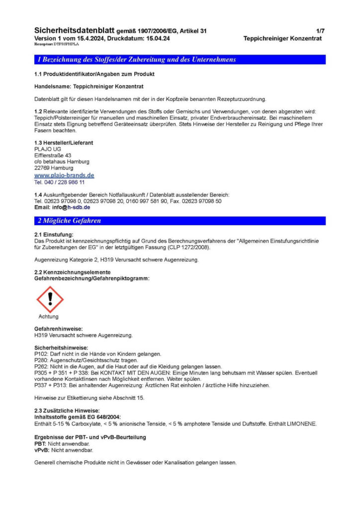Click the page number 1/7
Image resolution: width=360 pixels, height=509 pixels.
click(x=319, y=31)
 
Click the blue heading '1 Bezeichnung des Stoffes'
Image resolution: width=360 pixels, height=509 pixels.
click(x=137, y=60)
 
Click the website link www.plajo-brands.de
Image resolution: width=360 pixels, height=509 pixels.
click(x=64, y=175)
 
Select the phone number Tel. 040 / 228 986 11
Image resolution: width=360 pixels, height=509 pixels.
click(x=60, y=182)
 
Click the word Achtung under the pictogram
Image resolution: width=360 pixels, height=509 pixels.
click(x=48, y=317)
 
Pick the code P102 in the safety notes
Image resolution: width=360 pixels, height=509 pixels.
click(x=40, y=354)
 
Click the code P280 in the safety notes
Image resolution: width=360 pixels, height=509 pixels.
click(x=40, y=360)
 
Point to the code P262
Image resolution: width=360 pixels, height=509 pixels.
click(x=40, y=366)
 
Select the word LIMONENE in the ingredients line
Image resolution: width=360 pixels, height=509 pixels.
click(x=302, y=424)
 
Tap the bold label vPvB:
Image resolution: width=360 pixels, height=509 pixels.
click(x=40, y=449)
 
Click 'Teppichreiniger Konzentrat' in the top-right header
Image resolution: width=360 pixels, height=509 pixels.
click(x=282, y=38)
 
